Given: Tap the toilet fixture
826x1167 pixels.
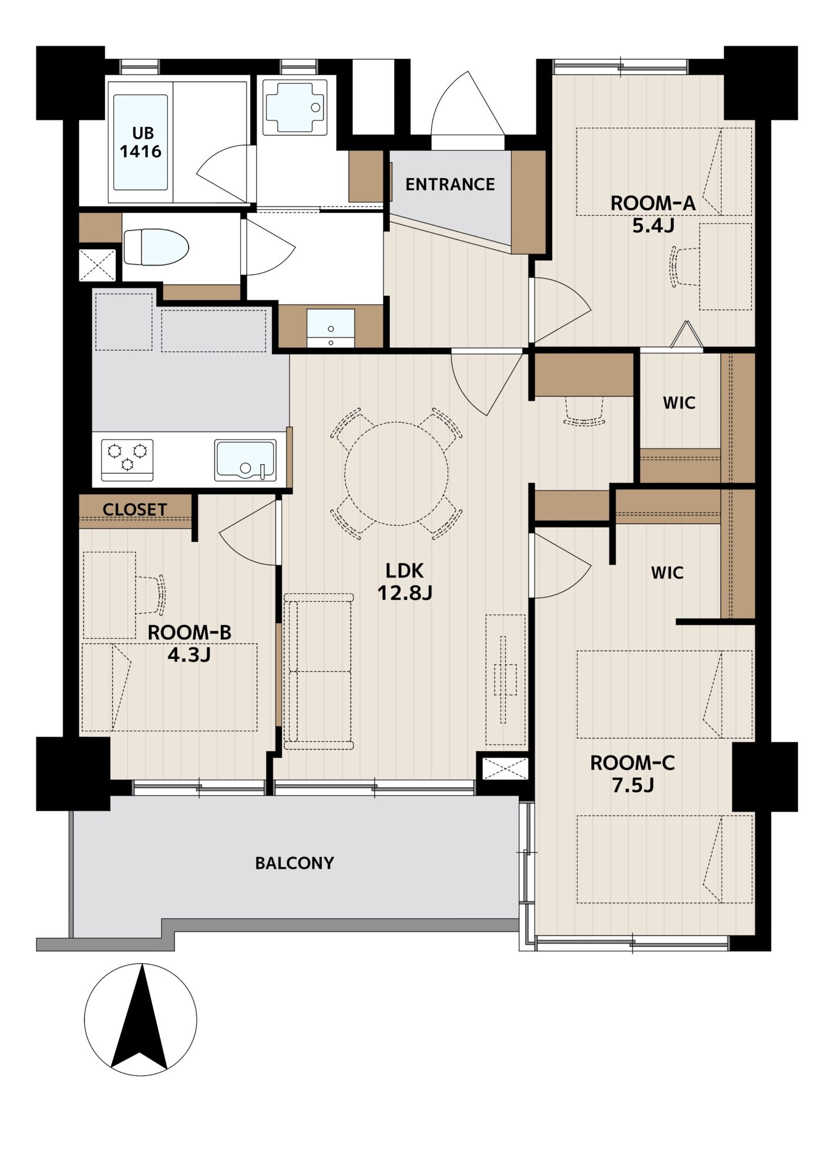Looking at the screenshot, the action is point(156,247).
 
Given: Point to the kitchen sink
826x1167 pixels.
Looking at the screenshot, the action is point(245,460).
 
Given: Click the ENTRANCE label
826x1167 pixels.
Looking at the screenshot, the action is point(450,184).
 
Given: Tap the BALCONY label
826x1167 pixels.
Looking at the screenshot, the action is point(294,863).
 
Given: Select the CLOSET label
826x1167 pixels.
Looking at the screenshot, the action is point(134,509).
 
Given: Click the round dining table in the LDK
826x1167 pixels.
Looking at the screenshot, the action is point(397,473).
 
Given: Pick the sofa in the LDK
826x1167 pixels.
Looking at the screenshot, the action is point(318,671).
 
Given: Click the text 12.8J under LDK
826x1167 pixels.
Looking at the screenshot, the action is point(404,593).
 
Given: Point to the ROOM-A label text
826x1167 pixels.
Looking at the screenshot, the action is point(653,203).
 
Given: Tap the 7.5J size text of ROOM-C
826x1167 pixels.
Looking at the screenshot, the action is point(633,785).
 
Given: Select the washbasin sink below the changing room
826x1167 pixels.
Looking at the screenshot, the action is point(330,328).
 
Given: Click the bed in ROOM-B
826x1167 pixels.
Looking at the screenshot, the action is point(170,687).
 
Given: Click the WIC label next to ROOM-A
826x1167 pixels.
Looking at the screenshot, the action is point(679,402).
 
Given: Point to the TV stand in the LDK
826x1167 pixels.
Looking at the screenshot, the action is point(505,680).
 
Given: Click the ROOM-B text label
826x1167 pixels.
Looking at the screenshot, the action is point(190,633).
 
